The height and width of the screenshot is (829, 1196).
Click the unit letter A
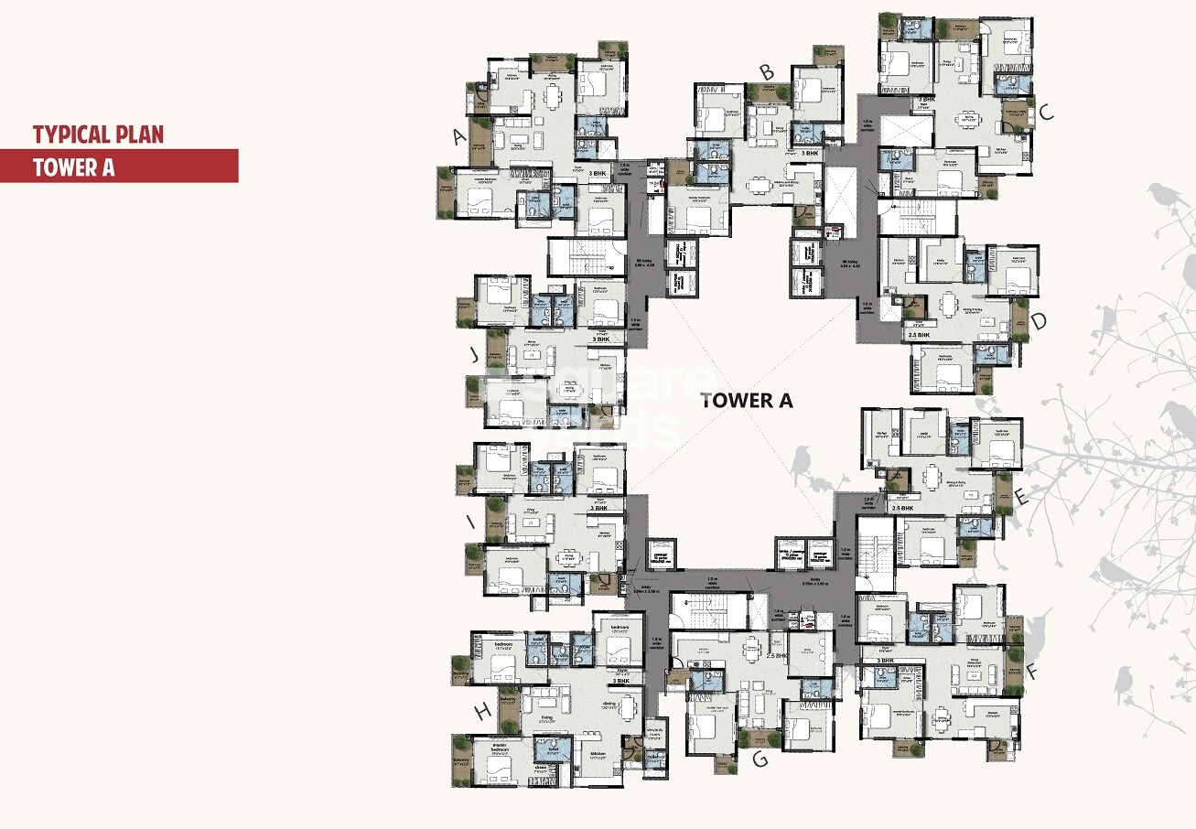[x=460, y=137]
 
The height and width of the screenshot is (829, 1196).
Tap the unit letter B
[x=767, y=71]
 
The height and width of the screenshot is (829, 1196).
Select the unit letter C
[x=1047, y=113]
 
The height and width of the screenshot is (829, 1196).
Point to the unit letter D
[x=1039, y=322]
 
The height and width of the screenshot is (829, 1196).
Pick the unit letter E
[x=1022, y=499]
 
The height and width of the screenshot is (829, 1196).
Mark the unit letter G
[x=759, y=759]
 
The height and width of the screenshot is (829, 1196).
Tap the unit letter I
[x=470, y=522]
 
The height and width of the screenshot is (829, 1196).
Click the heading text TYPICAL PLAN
[x=98, y=135]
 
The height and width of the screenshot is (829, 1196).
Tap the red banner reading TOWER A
[x=119, y=167]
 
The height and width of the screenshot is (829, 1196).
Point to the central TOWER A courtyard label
[x=746, y=400]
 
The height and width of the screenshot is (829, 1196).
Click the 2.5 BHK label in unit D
[x=919, y=336]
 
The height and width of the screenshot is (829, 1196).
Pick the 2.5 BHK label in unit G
[x=777, y=657]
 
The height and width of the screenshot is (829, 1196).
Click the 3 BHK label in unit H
[x=621, y=681]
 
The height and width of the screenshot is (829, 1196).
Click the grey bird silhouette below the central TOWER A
[x=803, y=462]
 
